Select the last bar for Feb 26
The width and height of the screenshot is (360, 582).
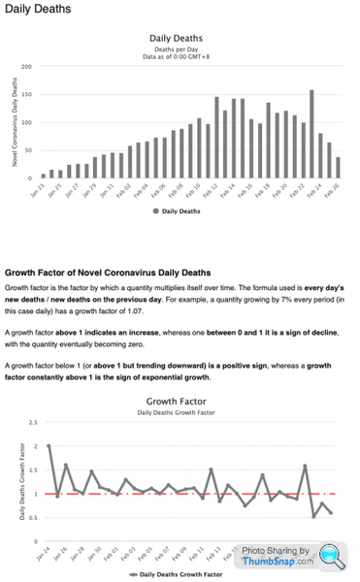point(338,167)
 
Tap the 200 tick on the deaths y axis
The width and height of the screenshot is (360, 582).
point(27,66)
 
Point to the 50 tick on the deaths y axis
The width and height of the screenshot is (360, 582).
point(29,150)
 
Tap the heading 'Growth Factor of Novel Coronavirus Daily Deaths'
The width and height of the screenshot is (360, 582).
point(108,273)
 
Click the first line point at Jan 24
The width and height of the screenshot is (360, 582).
point(49,446)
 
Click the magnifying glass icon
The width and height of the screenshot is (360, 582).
point(332,555)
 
